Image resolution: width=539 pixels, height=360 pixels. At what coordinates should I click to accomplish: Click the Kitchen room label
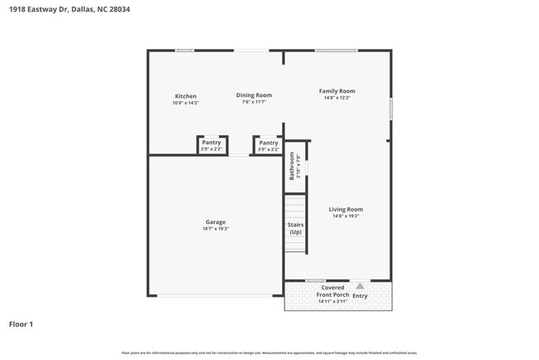click(185, 96)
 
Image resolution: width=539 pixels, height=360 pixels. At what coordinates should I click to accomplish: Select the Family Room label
click(337, 91)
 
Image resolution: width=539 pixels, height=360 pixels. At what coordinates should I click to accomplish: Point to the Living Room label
click(345, 209)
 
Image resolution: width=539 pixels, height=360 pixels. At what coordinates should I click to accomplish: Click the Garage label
click(216, 221)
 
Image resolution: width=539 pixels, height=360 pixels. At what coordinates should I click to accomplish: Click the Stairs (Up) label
click(295, 228)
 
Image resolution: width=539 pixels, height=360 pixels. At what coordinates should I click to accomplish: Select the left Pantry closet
click(211, 145)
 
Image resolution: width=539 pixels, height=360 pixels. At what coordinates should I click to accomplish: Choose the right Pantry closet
click(268, 145)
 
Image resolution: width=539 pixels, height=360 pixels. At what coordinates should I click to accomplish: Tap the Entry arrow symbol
click(360, 285)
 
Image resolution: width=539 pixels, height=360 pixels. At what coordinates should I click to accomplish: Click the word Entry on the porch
click(360, 295)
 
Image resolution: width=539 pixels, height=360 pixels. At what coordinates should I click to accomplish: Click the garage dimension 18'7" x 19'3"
click(216, 229)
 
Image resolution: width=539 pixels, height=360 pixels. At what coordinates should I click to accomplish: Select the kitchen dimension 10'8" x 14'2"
click(185, 103)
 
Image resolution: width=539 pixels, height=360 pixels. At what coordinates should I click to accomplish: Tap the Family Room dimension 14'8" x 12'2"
click(337, 98)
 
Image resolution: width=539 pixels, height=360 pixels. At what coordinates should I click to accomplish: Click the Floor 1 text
click(21, 324)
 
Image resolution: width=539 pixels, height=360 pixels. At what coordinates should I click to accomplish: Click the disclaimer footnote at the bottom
click(269, 353)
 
